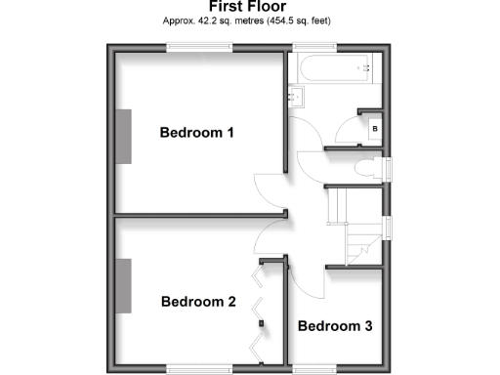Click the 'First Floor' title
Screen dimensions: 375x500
tap(249, 6)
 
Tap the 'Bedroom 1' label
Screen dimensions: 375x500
tap(197, 133)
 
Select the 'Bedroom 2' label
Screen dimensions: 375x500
tap(198, 302)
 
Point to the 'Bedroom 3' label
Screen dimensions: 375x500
tap(335, 326)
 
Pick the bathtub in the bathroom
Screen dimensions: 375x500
tap(332, 69)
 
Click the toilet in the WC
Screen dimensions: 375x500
tap(369, 167)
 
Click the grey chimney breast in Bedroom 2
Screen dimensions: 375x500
tap(124, 284)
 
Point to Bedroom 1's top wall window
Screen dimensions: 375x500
tap(191, 47)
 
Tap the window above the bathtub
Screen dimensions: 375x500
tap(312, 47)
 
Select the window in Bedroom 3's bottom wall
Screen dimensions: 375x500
tap(314, 367)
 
